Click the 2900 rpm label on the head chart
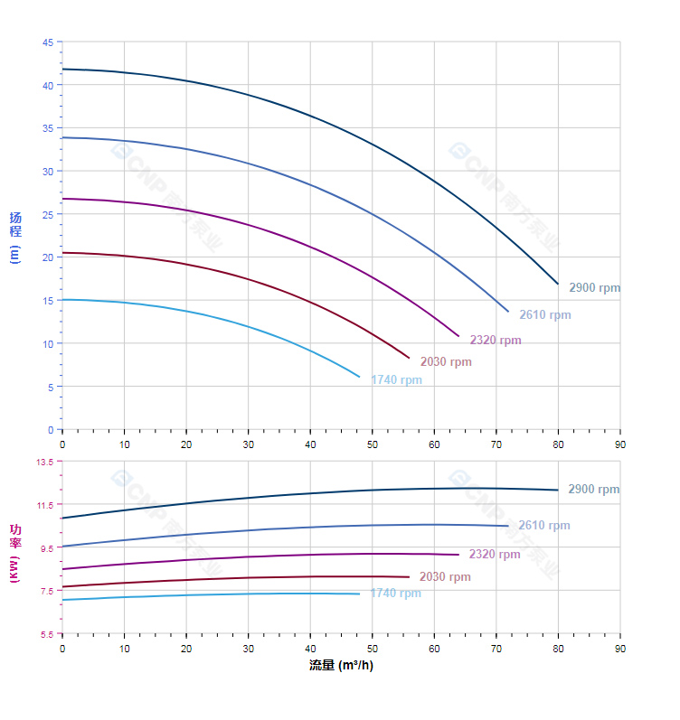tap(594, 288)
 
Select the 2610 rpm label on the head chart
tap(544, 315)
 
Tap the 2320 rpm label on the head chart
tap(495, 341)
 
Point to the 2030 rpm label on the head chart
tap(445, 362)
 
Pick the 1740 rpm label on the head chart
tap(396, 380)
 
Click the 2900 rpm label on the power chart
tap(593, 490)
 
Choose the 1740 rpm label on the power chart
tap(395, 594)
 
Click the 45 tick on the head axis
tap(48, 42)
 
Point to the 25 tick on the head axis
tap(48, 214)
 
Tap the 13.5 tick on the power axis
tap(44, 462)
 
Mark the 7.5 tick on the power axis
tap(46, 591)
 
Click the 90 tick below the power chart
tap(620, 649)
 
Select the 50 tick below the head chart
tap(373, 444)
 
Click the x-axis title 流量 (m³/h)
tap(341, 666)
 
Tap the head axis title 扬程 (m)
tap(15, 236)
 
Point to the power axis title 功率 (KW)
tap(15, 552)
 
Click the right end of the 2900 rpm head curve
tap(558, 284)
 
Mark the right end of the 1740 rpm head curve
tap(360, 377)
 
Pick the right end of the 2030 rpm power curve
tap(409, 576)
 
